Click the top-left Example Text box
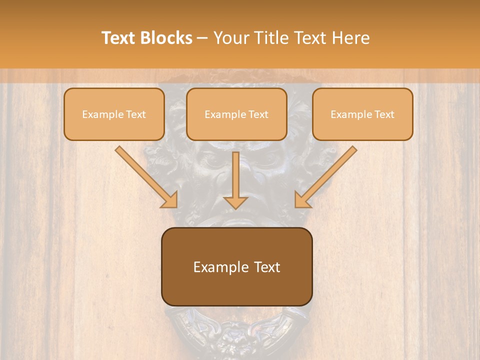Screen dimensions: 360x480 [x=114, y=114]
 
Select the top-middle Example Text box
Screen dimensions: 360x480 [x=236, y=114]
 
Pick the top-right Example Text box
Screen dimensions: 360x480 [x=362, y=114]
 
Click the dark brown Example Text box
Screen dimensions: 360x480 [x=236, y=266]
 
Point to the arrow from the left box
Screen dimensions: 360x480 [x=146, y=176]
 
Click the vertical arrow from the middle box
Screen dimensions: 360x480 [x=235, y=180]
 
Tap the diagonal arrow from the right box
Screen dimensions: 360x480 [x=326, y=176]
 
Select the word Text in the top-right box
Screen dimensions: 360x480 [x=384, y=114]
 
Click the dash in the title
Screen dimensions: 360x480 [x=202, y=38]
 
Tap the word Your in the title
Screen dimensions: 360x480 [x=231, y=38]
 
